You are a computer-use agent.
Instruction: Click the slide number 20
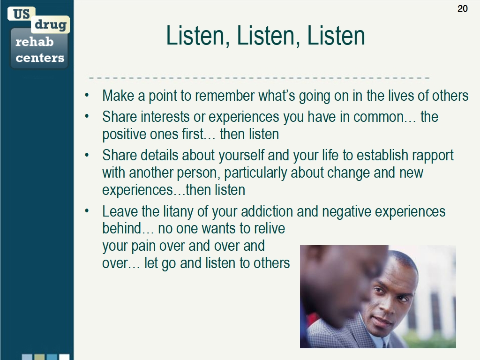(462, 8)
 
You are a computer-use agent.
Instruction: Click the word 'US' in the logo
(21, 14)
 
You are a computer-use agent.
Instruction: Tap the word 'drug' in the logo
(50, 25)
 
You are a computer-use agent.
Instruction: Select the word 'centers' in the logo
(40, 58)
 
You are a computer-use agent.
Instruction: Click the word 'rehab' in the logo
(34, 42)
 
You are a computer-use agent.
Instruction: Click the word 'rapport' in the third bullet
(430, 155)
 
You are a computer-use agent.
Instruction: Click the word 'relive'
(269, 229)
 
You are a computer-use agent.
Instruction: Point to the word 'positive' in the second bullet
(120, 135)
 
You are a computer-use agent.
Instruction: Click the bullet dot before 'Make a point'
(87, 96)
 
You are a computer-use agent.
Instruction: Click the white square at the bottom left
(64, 357)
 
